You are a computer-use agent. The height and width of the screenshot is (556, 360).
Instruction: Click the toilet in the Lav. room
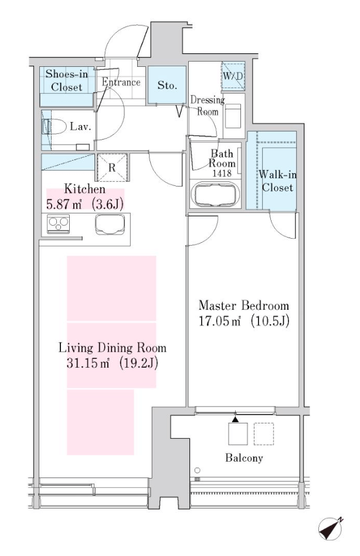(x=53, y=127)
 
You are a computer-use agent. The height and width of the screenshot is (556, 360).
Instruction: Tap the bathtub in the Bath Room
(x=215, y=194)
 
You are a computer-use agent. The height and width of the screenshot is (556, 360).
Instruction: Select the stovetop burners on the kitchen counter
(x=58, y=225)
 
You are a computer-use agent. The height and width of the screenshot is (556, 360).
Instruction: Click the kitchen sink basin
(x=110, y=225)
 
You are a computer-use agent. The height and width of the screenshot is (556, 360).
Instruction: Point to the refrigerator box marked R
(x=112, y=167)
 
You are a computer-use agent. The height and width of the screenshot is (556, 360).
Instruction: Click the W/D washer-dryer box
(x=233, y=76)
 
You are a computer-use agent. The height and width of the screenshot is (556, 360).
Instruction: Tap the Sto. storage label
(x=167, y=85)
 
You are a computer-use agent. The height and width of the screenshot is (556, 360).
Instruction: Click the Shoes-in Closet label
(x=67, y=80)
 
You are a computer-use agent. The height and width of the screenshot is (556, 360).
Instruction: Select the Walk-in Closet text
(x=277, y=181)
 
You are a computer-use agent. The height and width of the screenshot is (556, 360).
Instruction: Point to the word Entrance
(x=121, y=82)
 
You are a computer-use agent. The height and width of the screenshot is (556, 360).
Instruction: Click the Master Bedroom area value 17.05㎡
(x=220, y=321)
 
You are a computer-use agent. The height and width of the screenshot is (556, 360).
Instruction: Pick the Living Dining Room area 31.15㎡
(x=88, y=362)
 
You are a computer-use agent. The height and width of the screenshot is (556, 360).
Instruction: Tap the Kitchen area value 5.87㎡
(x=64, y=205)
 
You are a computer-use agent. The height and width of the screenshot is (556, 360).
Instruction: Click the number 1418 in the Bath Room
(x=222, y=173)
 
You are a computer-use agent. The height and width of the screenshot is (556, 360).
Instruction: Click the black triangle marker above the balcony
(x=235, y=419)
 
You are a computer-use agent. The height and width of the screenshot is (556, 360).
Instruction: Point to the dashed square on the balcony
(x=264, y=433)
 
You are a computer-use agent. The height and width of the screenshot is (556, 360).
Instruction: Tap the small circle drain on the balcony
(x=198, y=470)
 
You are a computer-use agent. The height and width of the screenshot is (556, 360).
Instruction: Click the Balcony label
(x=244, y=458)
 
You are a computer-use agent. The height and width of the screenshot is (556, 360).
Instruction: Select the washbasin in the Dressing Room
(x=233, y=116)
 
